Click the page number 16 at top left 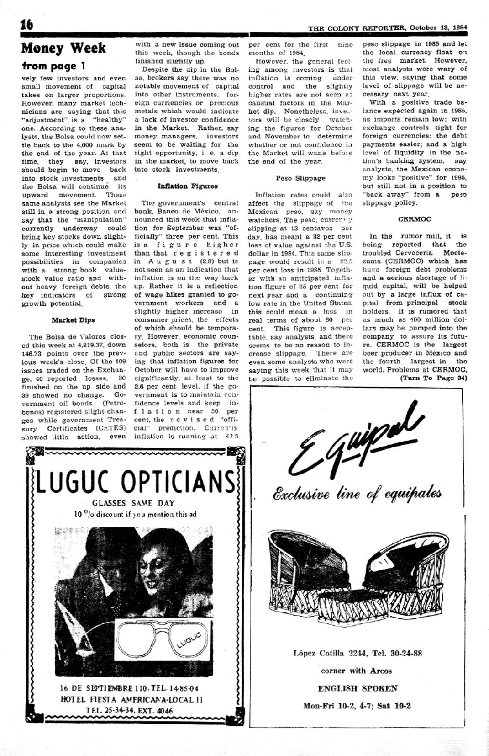point(27,24)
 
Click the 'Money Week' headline point(63,48)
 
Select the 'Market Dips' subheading point(73,320)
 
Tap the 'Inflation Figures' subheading point(187,186)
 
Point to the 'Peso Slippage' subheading point(300,178)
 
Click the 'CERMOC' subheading point(415,219)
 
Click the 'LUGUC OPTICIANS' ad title point(136,481)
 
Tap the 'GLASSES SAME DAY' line point(133,503)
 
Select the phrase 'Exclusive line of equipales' point(357,494)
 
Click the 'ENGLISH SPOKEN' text point(358,688)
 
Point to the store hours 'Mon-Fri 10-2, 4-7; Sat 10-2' point(357,705)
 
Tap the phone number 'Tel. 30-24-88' point(397,653)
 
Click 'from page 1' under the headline point(54,66)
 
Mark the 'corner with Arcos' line point(356,671)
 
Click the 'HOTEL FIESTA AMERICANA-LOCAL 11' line point(132,699)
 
